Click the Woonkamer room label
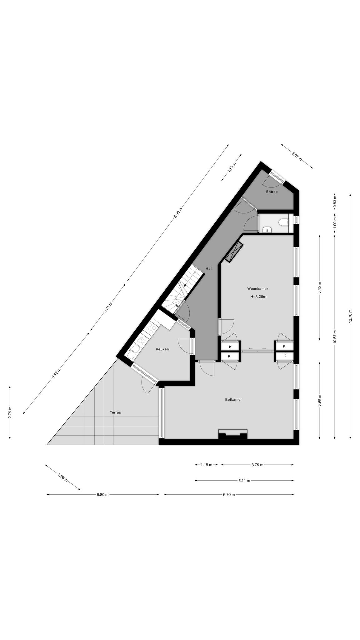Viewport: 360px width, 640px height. click(x=257, y=289)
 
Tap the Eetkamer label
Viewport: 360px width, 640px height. click(x=233, y=399)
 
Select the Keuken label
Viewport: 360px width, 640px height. click(x=162, y=349)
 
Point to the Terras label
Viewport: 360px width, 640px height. click(x=115, y=412)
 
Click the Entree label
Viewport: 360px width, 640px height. click(x=272, y=192)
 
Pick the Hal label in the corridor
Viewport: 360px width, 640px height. click(x=208, y=268)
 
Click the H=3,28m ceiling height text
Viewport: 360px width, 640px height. click(x=258, y=297)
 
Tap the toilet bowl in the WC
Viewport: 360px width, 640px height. click(x=283, y=222)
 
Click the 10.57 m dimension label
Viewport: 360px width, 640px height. click(x=335, y=337)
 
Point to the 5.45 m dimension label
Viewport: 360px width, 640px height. click(x=319, y=287)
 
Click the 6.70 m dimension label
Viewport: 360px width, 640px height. click(x=229, y=494)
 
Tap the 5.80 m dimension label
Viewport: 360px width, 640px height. click(x=102, y=494)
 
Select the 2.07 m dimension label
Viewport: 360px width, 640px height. click(x=297, y=156)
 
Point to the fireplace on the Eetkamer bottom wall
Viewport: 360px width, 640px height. click(x=233, y=434)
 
